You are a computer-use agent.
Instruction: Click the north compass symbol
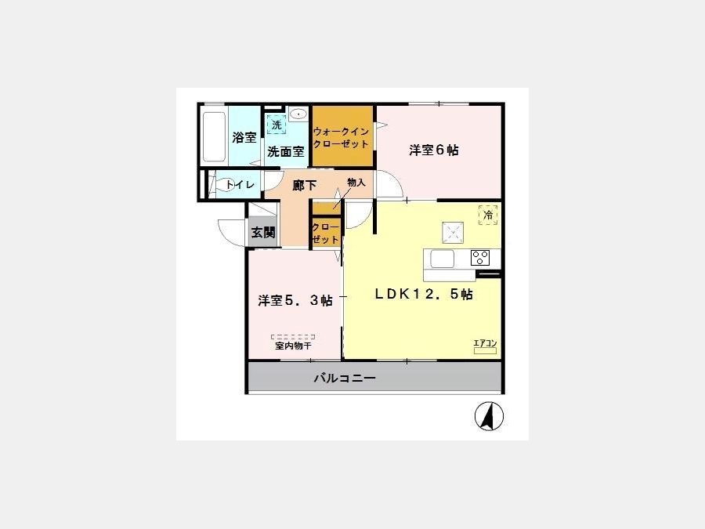pos(489,416)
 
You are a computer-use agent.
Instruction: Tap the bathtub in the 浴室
pos(214,136)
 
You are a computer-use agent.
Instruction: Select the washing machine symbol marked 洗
pos(277,124)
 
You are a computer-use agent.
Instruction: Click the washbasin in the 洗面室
pos(298,114)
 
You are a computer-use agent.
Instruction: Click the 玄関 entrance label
pos(263,233)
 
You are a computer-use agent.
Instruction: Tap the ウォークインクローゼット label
pos(342,138)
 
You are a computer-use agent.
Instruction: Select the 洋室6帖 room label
pos(434,150)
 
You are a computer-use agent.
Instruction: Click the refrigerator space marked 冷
pos(488,215)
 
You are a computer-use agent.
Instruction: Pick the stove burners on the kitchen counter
pos(479,258)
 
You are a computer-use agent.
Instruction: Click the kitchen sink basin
pos(443,259)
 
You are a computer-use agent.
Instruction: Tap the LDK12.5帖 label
pos(424,294)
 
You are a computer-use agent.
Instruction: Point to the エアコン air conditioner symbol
pos(485,347)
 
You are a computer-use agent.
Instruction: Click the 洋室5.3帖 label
pos(295,300)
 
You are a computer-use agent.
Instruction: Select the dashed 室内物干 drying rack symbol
pos(293,336)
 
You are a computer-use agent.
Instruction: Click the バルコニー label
pos(345,378)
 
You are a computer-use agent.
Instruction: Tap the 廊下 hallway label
pos(305,185)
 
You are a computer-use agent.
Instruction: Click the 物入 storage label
pos(356,183)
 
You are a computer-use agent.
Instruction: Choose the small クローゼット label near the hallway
pos(325,234)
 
